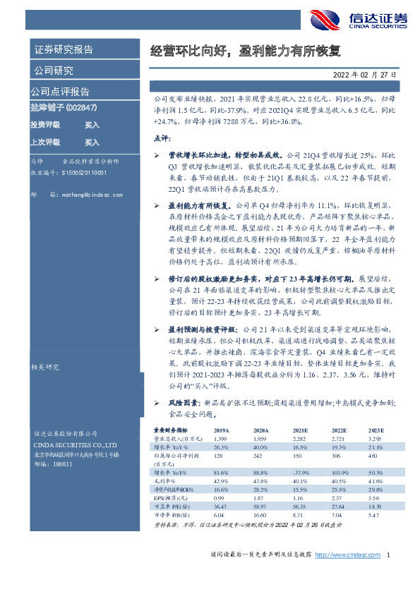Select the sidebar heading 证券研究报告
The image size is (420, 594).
pyautogui.click(x=64, y=50)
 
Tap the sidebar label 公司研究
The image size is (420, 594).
pyautogui.click(x=53, y=71)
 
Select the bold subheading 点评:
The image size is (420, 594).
pyautogui.click(x=162, y=138)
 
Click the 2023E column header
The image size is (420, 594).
pyautogui.click(x=376, y=430)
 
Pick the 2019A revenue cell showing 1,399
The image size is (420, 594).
pyautogui.click(x=221, y=438)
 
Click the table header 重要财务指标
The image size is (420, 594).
pyautogui.click(x=171, y=430)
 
